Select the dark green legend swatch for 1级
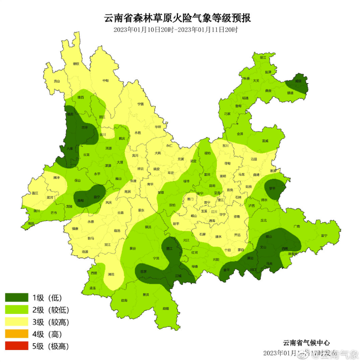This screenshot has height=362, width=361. [17, 298]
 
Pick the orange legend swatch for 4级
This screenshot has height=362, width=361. [17, 334]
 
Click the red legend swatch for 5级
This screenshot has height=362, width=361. [17, 346]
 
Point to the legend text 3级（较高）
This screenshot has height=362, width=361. [51, 322]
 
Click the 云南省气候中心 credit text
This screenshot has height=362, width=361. [307, 343]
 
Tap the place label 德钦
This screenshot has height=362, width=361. [76, 64]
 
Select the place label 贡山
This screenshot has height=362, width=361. [57, 81]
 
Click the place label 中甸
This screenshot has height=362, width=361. [105, 80]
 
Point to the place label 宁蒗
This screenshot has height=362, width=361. [140, 104]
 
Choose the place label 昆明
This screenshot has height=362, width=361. [212, 186]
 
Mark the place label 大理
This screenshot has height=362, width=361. [120, 162]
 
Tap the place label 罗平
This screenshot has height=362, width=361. [273, 188]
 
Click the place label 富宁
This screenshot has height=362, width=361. [324, 235]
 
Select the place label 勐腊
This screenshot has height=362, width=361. [165, 309]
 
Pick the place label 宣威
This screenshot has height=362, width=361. [265, 141]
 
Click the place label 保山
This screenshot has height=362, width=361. [78, 180]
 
